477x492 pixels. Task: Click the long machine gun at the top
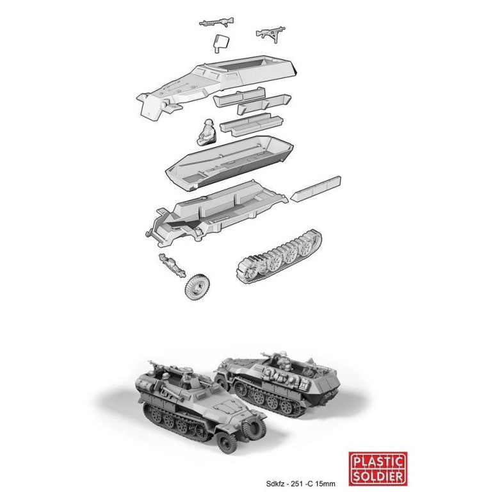tap(216, 22)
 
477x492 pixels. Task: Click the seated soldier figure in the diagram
tap(207, 131)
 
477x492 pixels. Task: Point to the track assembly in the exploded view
tap(280, 257)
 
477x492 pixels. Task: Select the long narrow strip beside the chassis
tap(316, 188)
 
